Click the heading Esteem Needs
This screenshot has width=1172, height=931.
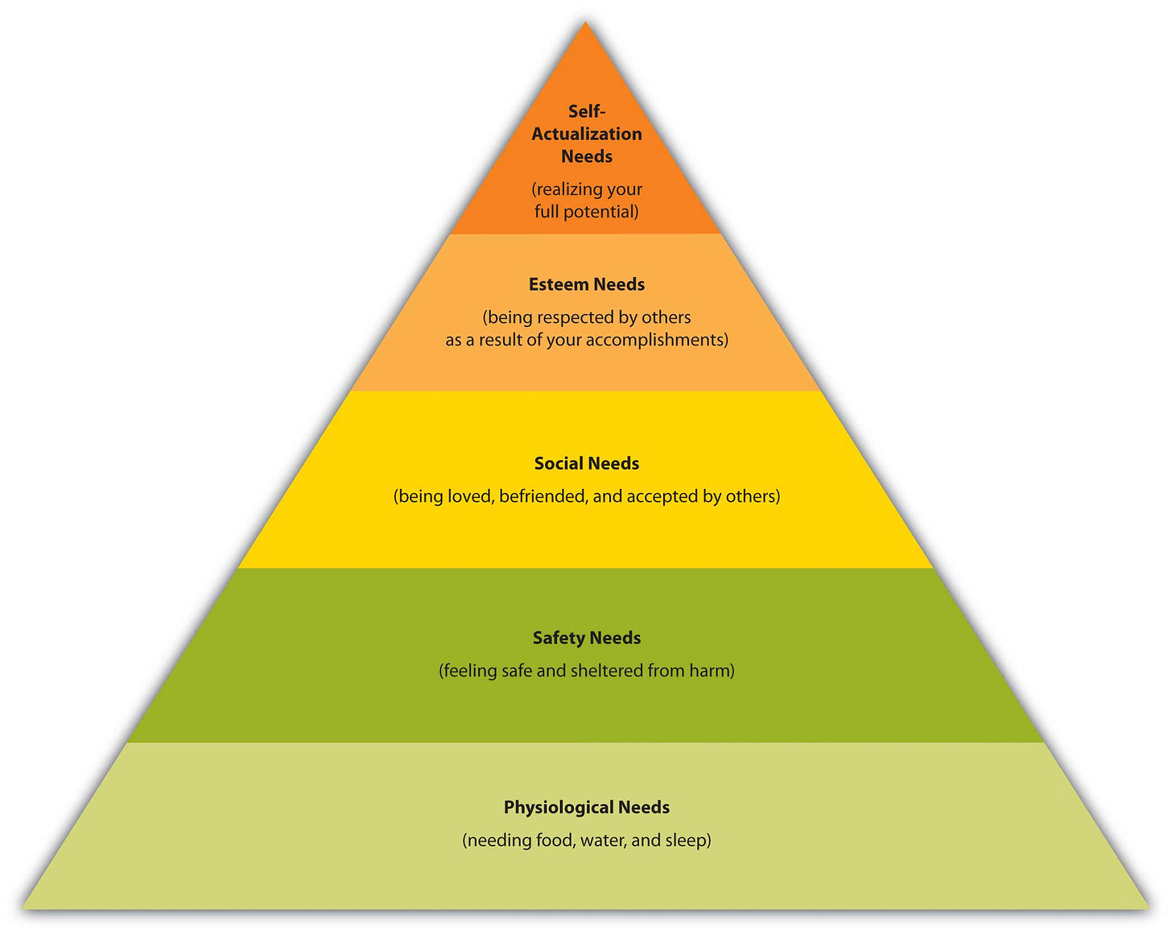pyautogui.click(x=587, y=284)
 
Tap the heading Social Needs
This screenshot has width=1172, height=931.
pyautogui.click(x=587, y=463)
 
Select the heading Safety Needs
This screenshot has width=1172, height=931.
pyautogui.click(x=587, y=638)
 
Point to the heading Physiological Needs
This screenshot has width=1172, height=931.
pyautogui.click(x=587, y=807)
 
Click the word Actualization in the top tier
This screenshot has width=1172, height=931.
pyautogui.click(x=587, y=134)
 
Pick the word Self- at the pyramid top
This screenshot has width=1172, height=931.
pyautogui.click(x=587, y=111)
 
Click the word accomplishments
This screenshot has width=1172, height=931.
pyautogui.click(x=656, y=340)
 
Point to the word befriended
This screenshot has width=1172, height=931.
pyautogui.click(x=543, y=496)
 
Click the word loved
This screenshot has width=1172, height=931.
pyautogui.click(x=469, y=496)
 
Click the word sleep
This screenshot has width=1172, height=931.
pyautogui.click(x=687, y=841)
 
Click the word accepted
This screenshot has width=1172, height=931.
pyautogui.click(x=662, y=496)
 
